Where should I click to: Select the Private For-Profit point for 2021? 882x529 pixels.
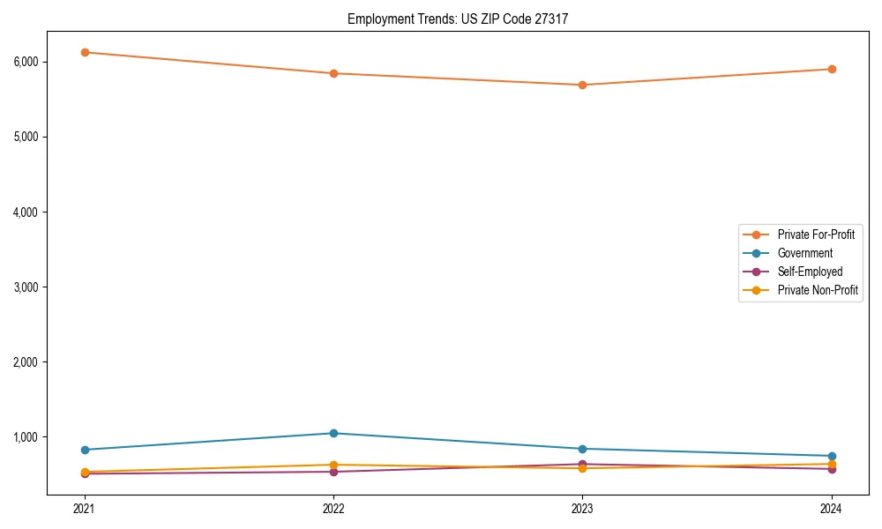tap(85, 52)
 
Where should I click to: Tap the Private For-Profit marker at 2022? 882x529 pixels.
tap(333, 73)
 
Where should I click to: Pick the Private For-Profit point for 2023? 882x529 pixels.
tap(582, 85)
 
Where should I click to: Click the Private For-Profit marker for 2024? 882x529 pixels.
tap(832, 69)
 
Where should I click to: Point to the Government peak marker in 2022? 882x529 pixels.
tap(333, 433)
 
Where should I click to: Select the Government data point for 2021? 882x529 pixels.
tap(85, 450)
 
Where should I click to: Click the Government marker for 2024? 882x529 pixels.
tap(832, 456)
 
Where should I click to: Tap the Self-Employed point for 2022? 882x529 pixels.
tap(333, 472)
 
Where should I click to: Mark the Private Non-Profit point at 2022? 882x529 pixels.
tap(333, 465)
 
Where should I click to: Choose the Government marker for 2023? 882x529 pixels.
tap(582, 449)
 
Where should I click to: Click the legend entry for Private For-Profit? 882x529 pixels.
tap(815, 235)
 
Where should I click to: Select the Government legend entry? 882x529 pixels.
tap(804, 253)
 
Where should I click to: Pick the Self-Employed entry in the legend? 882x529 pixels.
tap(810, 272)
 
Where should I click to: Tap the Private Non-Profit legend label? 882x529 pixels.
tap(818, 290)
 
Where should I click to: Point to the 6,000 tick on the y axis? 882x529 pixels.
tap(49, 62)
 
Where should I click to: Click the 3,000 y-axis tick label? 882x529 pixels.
tap(49, 287)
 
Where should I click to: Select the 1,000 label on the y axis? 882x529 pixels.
tap(49, 437)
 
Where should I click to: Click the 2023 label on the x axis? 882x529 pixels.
tap(582, 508)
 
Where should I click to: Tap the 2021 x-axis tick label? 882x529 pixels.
tap(85, 508)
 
